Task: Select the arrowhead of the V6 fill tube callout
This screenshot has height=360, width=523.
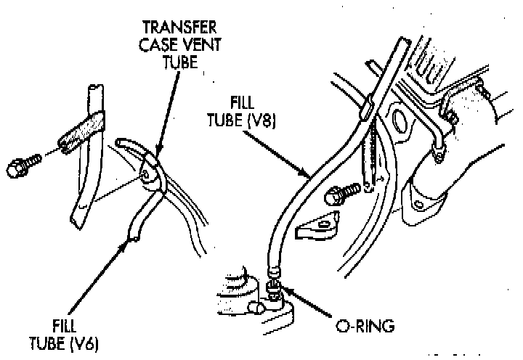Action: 131,239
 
